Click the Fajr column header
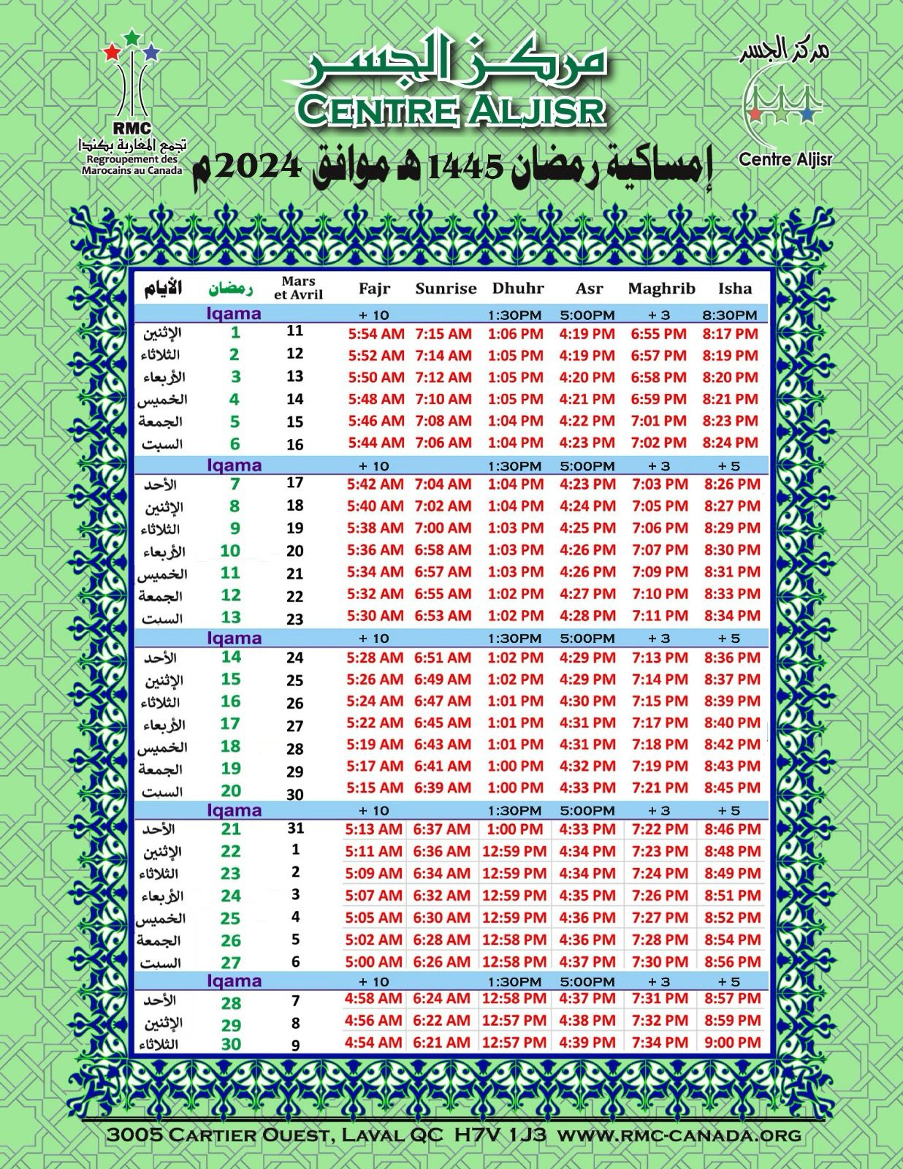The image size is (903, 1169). [x=374, y=289]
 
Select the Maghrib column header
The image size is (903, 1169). [x=661, y=289]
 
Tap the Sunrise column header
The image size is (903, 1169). [x=446, y=289]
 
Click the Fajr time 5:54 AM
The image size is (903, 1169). [x=376, y=334]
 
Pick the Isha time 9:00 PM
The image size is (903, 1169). [x=732, y=1042]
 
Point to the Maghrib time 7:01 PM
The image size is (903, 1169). [x=660, y=421]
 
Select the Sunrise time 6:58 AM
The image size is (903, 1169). [x=443, y=549]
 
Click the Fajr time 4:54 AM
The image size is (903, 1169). [x=373, y=1042]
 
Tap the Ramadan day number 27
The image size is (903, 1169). [x=231, y=962]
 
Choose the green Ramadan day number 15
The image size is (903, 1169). [x=231, y=679]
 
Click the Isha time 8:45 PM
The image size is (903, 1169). [x=732, y=788]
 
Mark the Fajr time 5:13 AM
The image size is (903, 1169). [x=373, y=829]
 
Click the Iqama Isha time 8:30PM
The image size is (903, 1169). [x=730, y=316]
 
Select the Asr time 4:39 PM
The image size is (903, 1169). [x=587, y=1042]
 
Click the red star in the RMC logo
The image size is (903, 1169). [x=110, y=52]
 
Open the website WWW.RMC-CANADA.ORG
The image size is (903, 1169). [x=679, y=1135]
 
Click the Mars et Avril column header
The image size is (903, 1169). [x=298, y=288]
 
